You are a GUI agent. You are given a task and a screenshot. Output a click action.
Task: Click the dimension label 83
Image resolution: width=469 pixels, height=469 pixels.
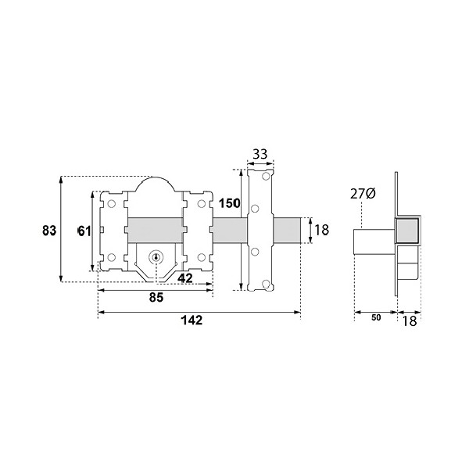click(x=49, y=231)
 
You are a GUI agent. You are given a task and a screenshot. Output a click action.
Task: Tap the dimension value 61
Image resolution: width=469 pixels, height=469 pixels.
click(x=84, y=231)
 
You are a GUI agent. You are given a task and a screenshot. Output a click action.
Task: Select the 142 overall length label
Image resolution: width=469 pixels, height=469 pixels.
click(x=192, y=320)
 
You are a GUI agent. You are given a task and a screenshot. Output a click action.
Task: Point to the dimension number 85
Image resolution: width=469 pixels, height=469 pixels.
click(x=156, y=297)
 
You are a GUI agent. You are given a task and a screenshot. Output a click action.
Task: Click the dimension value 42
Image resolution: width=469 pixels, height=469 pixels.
click(x=185, y=278)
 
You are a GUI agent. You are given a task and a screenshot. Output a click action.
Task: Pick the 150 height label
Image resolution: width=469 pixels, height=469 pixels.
click(x=229, y=203)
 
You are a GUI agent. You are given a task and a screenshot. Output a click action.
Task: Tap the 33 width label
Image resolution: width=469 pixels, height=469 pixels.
click(x=260, y=154)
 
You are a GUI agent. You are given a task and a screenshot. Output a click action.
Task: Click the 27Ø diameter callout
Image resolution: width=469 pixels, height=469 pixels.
click(x=363, y=194)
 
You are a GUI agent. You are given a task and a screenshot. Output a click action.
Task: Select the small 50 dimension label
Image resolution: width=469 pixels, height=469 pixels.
click(x=376, y=317)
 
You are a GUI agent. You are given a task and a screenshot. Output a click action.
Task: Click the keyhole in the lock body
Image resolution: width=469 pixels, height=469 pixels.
click(x=156, y=257)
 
